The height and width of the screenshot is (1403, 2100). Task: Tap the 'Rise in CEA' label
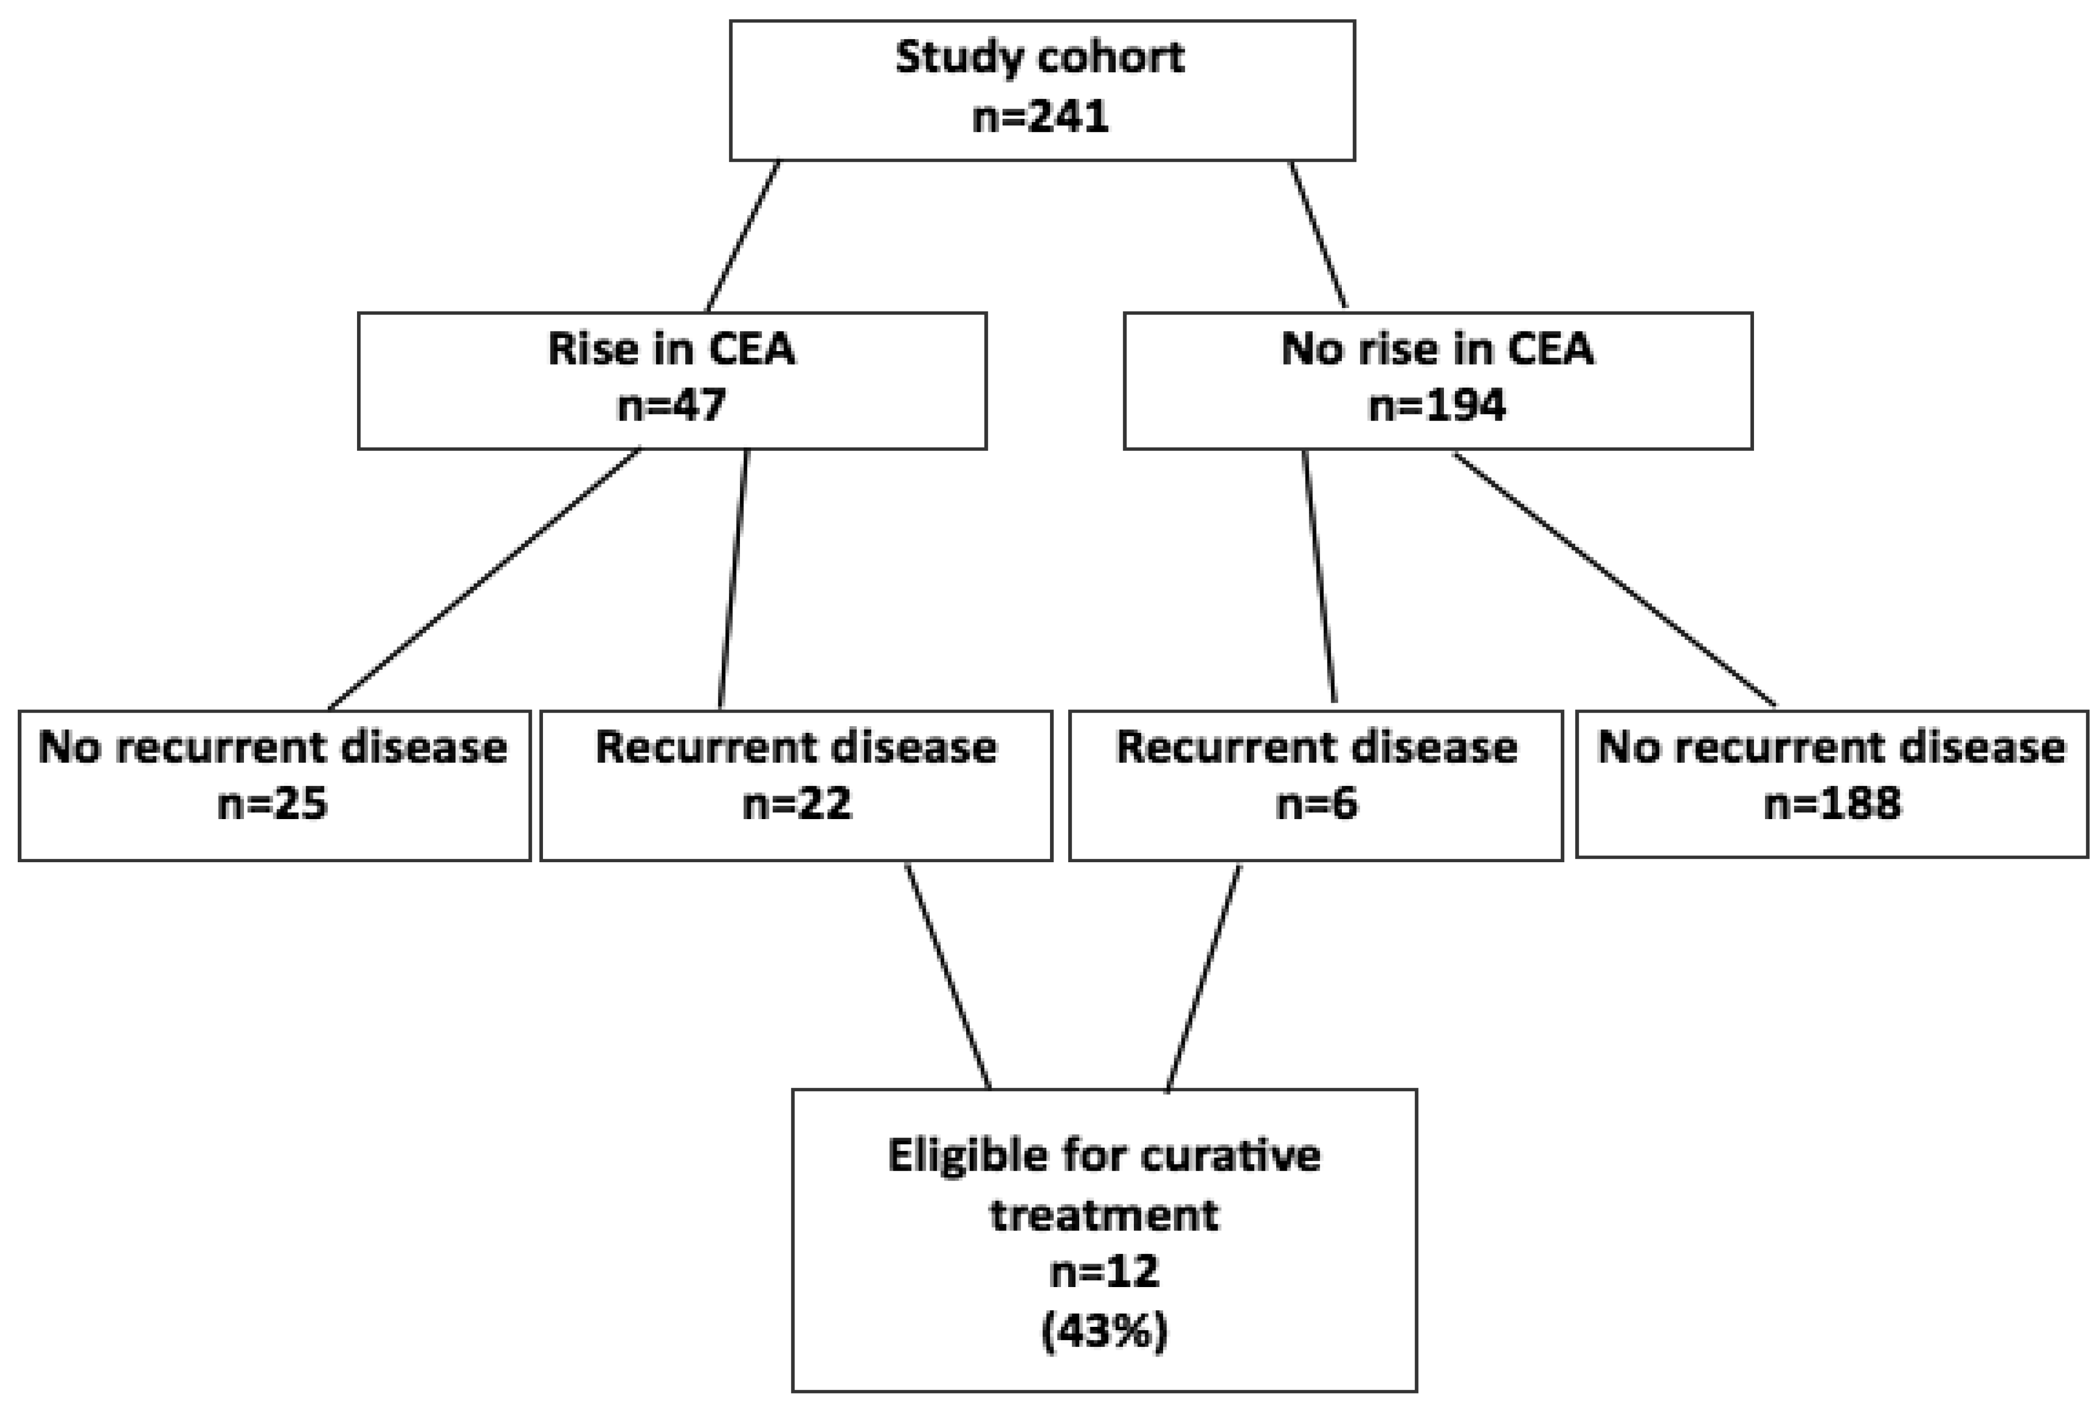click(671, 349)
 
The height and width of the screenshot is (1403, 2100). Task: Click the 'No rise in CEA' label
click(1438, 349)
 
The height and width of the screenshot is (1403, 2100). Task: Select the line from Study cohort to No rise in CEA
click(1317, 234)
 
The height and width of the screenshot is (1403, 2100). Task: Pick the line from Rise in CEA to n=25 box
click(485, 579)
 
